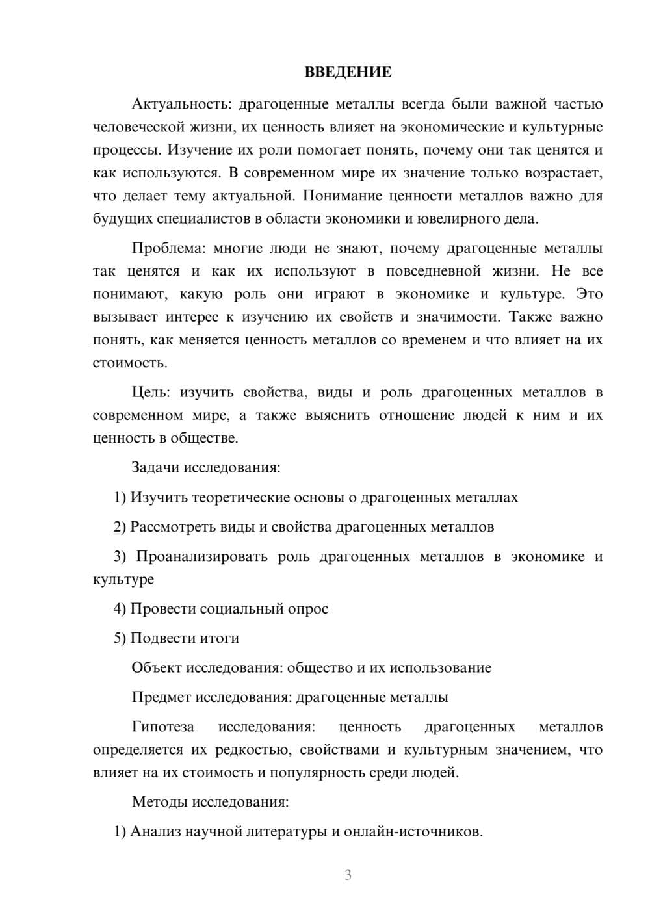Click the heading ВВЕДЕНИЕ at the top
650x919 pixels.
click(348, 72)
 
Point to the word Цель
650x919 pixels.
click(151, 393)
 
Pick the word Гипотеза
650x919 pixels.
click(162, 727)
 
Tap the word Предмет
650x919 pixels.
click(162, 697)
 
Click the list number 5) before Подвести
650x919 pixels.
click(120, 638)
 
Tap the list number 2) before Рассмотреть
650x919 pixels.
click(120, 526)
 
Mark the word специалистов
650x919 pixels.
click(203, 218)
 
